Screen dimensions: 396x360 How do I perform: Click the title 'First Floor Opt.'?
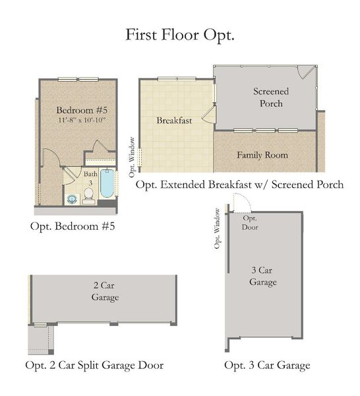(x=180, y=35)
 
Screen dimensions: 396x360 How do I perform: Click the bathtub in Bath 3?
(x=106, y=185)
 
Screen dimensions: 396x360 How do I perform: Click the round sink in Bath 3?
(x=72, y=198)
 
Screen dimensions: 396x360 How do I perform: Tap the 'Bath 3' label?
(x=89, y=177)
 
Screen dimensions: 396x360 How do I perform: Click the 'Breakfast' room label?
(x=174, y=121)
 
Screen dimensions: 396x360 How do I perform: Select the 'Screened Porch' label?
(x=268, y=97)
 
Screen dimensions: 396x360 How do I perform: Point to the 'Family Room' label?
(x=262, y=156)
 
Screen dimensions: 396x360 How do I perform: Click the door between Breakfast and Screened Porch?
(x=207, y=116)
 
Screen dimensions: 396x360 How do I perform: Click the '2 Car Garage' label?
(x=105, y=292)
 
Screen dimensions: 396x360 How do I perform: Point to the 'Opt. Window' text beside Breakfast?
(x=133, y=157)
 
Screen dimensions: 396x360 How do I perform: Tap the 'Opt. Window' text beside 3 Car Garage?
(x=218, y=228)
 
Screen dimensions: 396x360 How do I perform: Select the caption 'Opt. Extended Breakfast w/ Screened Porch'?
(x=239, y=185)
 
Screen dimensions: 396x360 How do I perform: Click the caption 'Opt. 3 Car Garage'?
(x=267, y=365)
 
